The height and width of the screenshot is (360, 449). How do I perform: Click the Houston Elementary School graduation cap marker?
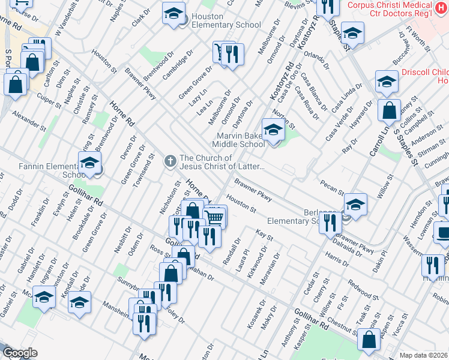(x=173, y=14)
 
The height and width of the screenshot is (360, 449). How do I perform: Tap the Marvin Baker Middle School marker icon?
(x=273, y=130)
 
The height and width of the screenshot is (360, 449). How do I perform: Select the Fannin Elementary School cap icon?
(x=89, y=163)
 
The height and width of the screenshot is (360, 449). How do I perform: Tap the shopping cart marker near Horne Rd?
(x=215, y=217)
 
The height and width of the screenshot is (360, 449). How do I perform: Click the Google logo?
(x=20, y=353)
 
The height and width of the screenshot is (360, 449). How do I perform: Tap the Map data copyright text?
(x=423, y=355)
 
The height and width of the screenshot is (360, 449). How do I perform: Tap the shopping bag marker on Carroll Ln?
(x=390, y=110)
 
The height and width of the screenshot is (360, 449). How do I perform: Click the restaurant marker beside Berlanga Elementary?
(x=330, y=223)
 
